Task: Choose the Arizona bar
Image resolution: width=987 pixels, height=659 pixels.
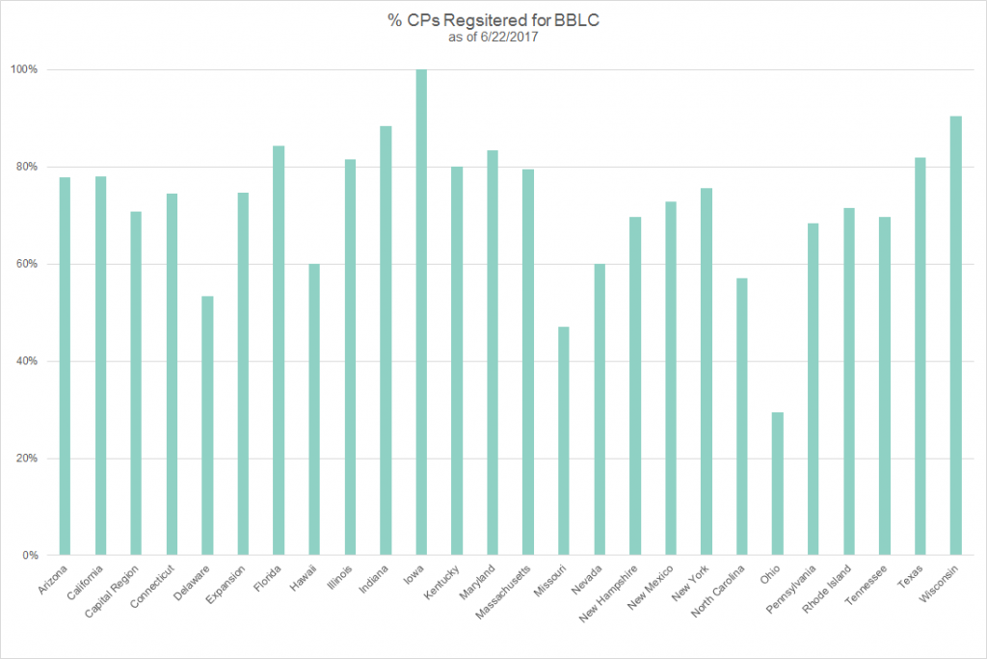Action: click(65, 366)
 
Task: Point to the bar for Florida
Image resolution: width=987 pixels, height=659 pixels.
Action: click(279, 351)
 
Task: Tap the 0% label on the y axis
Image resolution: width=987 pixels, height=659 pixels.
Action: click(31, 556)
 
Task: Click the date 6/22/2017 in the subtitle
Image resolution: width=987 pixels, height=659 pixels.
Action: click(510, 38)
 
